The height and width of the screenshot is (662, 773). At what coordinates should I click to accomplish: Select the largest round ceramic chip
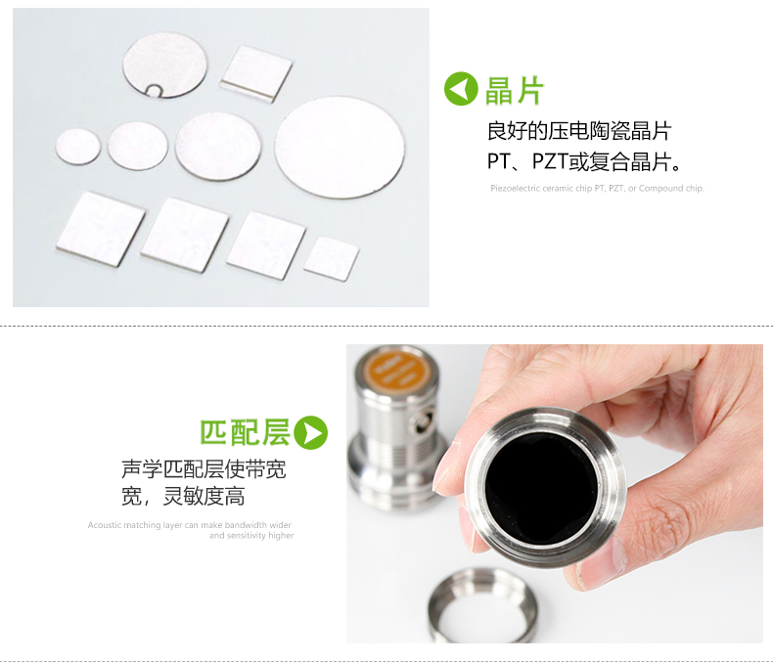coord(339,148)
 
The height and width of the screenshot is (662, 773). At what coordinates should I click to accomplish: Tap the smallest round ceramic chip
coord(78,147)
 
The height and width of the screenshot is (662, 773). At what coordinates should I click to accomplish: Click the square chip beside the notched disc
coord(256,72)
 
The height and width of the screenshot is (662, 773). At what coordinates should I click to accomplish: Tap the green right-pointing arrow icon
coord(311,432)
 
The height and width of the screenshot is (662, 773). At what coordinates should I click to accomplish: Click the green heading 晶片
coord(515,90)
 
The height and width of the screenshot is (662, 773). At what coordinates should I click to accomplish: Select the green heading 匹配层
coord(245,432)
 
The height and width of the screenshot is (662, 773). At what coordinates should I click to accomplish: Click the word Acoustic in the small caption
coord(104,525)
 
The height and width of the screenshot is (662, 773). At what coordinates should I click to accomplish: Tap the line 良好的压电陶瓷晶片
coord(578,131)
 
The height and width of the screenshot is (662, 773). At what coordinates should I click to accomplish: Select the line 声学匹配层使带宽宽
coord(204,469)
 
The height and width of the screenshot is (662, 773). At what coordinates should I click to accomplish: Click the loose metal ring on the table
coord(483,606)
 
